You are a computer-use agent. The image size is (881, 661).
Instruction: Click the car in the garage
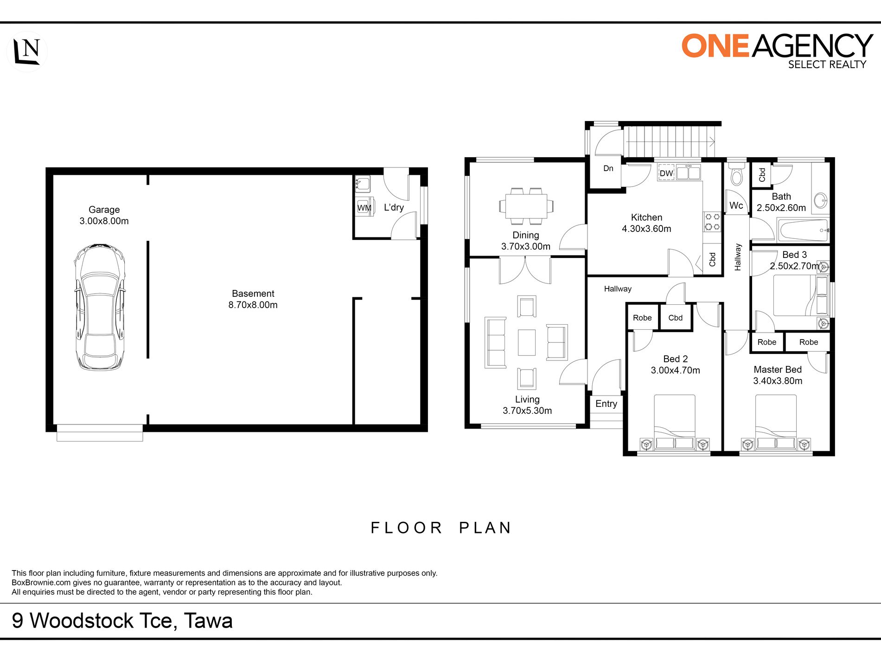pyautogui.click(x=100, y=307)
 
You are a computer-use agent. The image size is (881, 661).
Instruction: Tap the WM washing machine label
pyautogui.click(x=364, y=208)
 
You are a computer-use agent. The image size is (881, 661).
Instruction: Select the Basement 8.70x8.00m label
pyautogui.click(x=253, y=299)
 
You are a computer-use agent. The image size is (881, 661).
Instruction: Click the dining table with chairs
pyautogui.click(x=526, y=205)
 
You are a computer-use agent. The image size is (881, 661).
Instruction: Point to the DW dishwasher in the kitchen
pyautogui.click(x=666, y=173)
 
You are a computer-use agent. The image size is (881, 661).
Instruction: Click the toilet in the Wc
pyautogui.click(x=736, y=173)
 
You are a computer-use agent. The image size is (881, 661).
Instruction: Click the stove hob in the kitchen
pyautogui.click(x=712, y=221)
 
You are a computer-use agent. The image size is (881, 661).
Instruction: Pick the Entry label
pyautogui.click(x=606, y=404)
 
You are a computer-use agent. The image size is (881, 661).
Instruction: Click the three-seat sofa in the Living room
pyautogui.click(x=495, y=342)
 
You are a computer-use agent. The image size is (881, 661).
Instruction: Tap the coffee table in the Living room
pyautogui.click(x=527, y=342)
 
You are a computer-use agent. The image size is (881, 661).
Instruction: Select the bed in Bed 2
pyautogui.click(x=675, y=422)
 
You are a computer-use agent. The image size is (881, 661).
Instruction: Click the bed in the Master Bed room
pyautogui.click(x=776, y=422)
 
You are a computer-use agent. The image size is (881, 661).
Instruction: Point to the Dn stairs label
pyautogui.click(x=608, y=168)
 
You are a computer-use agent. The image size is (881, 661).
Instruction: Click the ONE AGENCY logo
pyautogui.click(x=777, y=51)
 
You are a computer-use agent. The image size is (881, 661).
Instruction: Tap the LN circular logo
pyautogui.click(x=27, y=51)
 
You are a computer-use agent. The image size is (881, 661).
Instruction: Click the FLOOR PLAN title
pyautogui.click(x=441, y=528)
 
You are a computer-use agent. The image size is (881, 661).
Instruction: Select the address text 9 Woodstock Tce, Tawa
pyautogui.click(x=122, y=621)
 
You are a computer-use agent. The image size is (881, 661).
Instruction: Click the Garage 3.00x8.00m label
pyautogui.click(x=104, y=215)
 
